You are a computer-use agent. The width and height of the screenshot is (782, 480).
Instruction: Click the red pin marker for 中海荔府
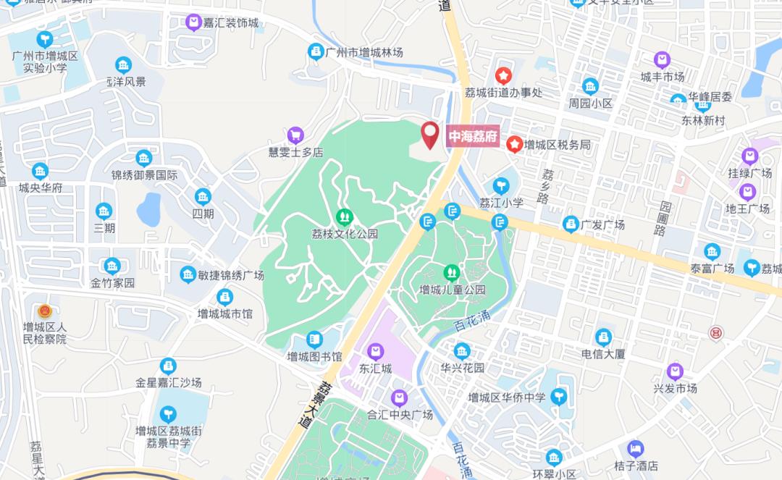click(431, 134)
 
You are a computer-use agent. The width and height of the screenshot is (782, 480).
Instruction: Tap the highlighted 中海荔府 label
click(474, 137)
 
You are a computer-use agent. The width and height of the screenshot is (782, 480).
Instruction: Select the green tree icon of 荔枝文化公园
click(345, 216)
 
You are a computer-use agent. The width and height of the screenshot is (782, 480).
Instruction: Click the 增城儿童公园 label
click(453, 290)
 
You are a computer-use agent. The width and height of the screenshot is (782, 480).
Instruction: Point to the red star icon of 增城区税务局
click(515, 145)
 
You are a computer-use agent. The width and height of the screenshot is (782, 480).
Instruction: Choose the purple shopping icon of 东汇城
click(375, 352)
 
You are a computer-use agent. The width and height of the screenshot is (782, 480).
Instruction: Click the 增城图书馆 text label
click(314, 355)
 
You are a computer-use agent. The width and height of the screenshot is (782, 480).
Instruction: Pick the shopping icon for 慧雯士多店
click(295, 135)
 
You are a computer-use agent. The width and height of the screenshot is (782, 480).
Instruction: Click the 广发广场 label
click(602, 224)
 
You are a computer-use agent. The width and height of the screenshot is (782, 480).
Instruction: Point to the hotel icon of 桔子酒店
click(636, 449)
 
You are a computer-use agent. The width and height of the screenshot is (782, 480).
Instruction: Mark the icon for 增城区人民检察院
click(44, 312)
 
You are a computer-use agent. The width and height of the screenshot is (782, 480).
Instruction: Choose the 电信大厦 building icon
click(603, 337)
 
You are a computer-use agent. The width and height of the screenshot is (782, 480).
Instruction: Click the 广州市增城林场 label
click(364, 52)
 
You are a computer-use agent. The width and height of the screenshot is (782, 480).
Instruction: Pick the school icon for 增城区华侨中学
click(558, 397)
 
